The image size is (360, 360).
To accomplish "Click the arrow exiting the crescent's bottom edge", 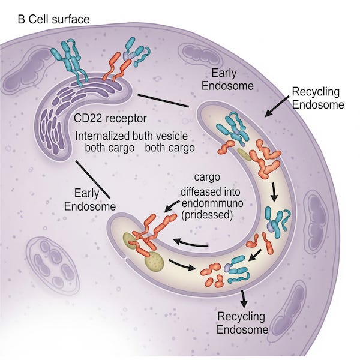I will click(x=243, y=298).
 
